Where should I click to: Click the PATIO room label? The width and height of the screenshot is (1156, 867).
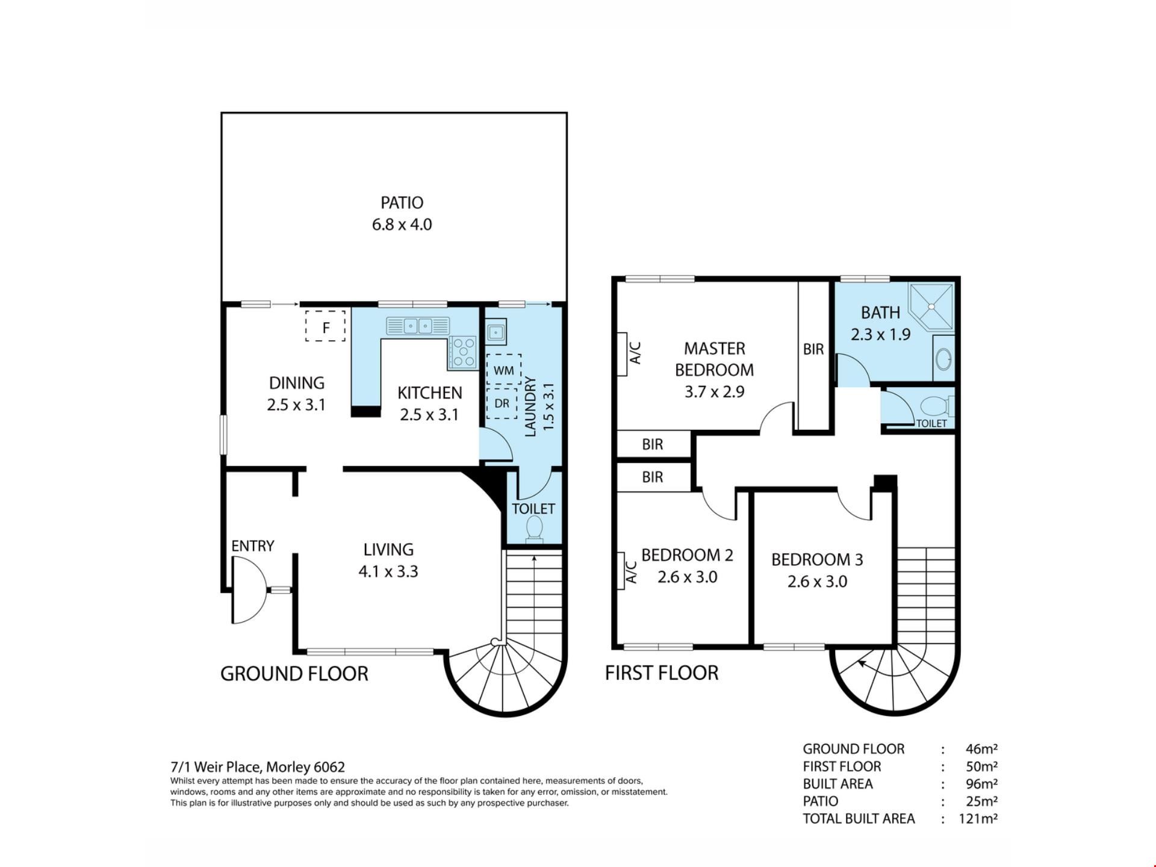[x=402, y=203]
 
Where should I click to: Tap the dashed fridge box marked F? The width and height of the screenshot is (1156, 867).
[x=325, y=326]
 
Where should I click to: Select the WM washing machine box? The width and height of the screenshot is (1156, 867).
[x=503, y=369]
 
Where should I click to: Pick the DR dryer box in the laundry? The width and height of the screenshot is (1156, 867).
[x=502, y=403]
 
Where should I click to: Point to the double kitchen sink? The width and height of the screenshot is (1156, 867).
[x=418, y=326]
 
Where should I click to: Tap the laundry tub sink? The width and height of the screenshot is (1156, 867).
[x=496, y=332]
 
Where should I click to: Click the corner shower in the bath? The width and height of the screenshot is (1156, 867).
[x=931, y=308]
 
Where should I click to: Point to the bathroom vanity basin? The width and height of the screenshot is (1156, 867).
[x=943, y=359]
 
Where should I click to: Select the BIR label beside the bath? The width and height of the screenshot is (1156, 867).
[x=813, y=349]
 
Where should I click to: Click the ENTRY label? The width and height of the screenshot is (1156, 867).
[x=253, y=546]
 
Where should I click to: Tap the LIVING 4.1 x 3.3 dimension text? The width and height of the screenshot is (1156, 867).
[x=388, y=571]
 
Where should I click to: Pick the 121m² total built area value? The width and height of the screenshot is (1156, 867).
[x=978, y=818]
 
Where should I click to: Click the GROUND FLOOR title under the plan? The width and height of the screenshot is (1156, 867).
[x=294, y=673]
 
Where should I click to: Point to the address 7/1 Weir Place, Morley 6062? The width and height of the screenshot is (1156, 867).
[x=258, y=767]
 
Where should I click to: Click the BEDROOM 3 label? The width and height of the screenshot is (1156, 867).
[x=817, y=560]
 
